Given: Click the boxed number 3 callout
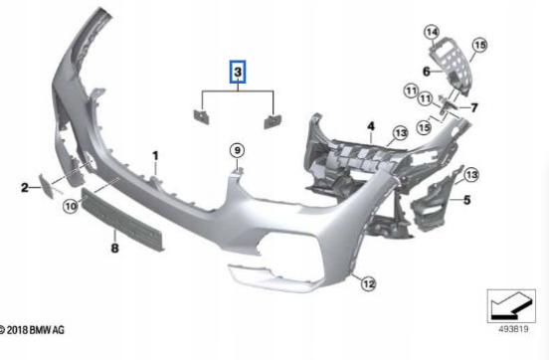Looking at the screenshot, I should click(x=238, y=73).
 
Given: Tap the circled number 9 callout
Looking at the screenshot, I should click(x=238, y=150).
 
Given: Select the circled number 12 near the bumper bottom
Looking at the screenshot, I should click(x=368, y=284).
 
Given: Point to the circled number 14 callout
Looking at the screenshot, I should click(x=433, y=33).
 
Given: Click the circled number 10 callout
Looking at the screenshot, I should click(x=70, y=206).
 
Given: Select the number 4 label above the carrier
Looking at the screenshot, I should click(x=369, y=125).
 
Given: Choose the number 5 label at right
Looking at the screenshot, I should click(x=463, y=199).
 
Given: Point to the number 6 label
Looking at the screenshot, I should click(x=426, y=71).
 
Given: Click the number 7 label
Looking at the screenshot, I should click(x=474, y=107).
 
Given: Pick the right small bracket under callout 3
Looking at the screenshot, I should click(x=272, y=121).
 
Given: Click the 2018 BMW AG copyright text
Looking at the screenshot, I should click(x=34, y=329).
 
